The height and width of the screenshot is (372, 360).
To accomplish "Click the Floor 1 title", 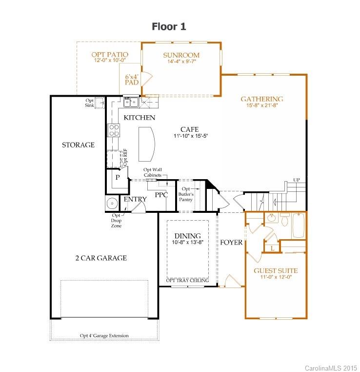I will [x=169, y=26].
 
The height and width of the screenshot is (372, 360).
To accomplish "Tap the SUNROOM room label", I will [x=181, y=55].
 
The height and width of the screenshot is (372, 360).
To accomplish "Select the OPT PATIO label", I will [x=110, y=55].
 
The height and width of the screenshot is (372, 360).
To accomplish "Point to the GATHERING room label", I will [x=262, y=99].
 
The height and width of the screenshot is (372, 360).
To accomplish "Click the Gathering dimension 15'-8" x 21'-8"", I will [x=262, y=106].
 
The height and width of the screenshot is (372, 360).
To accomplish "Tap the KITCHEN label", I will [x=140, y=118].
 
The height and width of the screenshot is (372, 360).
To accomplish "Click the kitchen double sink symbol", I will [x=131, y=102].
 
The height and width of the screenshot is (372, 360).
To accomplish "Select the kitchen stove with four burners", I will [x=114, y=130].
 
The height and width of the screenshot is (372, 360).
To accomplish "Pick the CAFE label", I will [x=189, y=129].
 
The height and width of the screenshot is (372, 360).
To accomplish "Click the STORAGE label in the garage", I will [x=78, y=145].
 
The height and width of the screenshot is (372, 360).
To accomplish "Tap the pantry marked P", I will [x=118, y=178].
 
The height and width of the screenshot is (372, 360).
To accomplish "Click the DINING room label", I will [x=188, y=236].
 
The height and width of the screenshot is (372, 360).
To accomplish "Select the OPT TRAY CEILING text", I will [x=188, y=280].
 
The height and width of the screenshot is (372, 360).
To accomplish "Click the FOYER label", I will [x=231, y=242].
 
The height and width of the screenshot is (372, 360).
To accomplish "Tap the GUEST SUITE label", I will [x=276, y=270].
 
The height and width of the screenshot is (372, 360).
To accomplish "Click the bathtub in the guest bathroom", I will [x=299, y=225].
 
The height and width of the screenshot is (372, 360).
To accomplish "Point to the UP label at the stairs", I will [x=296, y=180].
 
